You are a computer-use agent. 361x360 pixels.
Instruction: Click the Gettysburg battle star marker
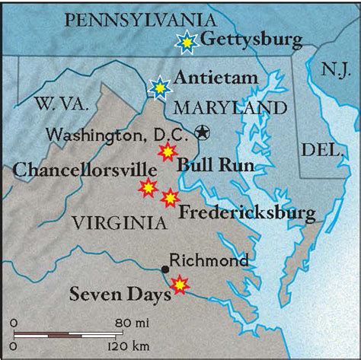click(x=185, y=42)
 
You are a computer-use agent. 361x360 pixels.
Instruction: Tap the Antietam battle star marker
click(x=160, y=88)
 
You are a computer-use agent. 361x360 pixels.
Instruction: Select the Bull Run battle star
click(x=166, y=151)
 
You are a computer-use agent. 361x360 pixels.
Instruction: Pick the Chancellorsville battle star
click(x=147, y=186)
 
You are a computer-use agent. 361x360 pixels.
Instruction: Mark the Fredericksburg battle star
click(x=170, y=198)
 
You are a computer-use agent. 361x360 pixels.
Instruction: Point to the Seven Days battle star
click(x=179, y=285)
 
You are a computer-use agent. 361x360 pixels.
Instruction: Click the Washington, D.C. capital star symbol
click(x=202, y=132)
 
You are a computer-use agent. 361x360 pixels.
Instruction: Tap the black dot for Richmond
click(x=165, y=269)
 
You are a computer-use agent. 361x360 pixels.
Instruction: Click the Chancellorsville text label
click(x=75, y=168)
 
